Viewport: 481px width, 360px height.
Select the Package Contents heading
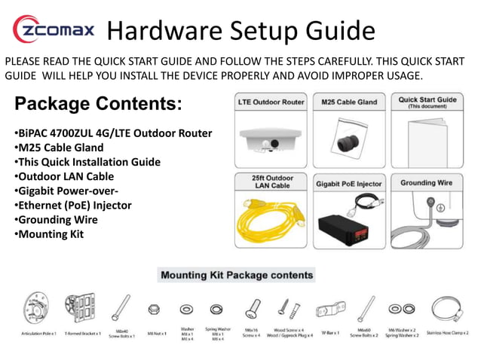coord(98,103)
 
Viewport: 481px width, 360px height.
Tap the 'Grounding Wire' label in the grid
coord(427,183)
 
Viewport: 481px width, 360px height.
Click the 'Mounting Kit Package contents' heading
coord(236,275)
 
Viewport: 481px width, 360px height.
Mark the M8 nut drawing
coord(154,310)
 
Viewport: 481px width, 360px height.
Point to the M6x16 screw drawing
coord(251,310)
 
